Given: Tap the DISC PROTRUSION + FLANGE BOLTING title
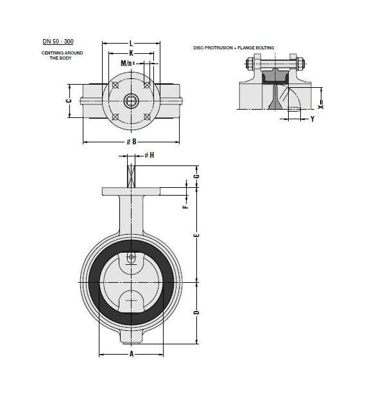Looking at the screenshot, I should (x=234, y=47).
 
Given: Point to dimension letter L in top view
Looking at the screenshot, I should (x=131, y=42).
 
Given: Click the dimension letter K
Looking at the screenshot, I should (x=131, y=53).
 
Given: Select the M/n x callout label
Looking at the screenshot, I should (x=128, y=63).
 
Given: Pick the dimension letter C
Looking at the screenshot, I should (x=69, y=101).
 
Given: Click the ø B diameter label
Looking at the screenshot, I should (x=131, y=141).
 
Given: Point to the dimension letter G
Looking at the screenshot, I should (x=197, y=176).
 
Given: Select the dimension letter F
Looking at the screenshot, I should (x=185, y=206).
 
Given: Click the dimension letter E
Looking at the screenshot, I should (x=197, y=235).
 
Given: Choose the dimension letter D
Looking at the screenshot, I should (x=197, y=312).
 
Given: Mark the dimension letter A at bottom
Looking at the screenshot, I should (x=131, y=353).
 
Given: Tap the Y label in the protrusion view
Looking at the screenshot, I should (x=312, y=119).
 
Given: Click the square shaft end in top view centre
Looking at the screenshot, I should (x=131, y=101).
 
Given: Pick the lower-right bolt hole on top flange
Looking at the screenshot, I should (x=147, y=117).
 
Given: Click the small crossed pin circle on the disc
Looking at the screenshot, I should (x=131, y=258).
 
